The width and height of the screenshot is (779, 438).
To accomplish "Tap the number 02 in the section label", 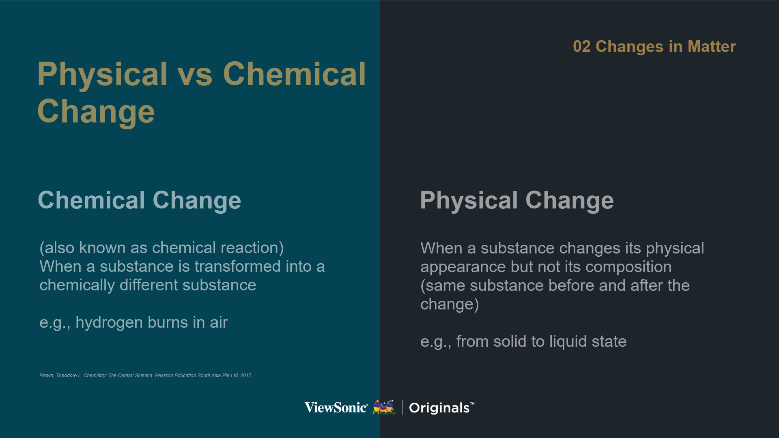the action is coord(581,47).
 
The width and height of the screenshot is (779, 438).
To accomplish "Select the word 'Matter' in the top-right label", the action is coord(712,47).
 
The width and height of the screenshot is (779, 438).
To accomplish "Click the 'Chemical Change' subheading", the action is coord(140,201).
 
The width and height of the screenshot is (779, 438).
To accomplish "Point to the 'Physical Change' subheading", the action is coord(517,201).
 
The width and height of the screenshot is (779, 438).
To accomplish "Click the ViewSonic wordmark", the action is coord(336,407).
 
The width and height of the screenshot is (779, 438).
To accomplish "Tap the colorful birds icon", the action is coord(384,407).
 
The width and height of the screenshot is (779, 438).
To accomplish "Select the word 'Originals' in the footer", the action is coord(439,408).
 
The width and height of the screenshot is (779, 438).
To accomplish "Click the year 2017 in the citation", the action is coord(246,376).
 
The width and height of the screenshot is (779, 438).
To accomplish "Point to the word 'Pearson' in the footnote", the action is coord(164,376).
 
